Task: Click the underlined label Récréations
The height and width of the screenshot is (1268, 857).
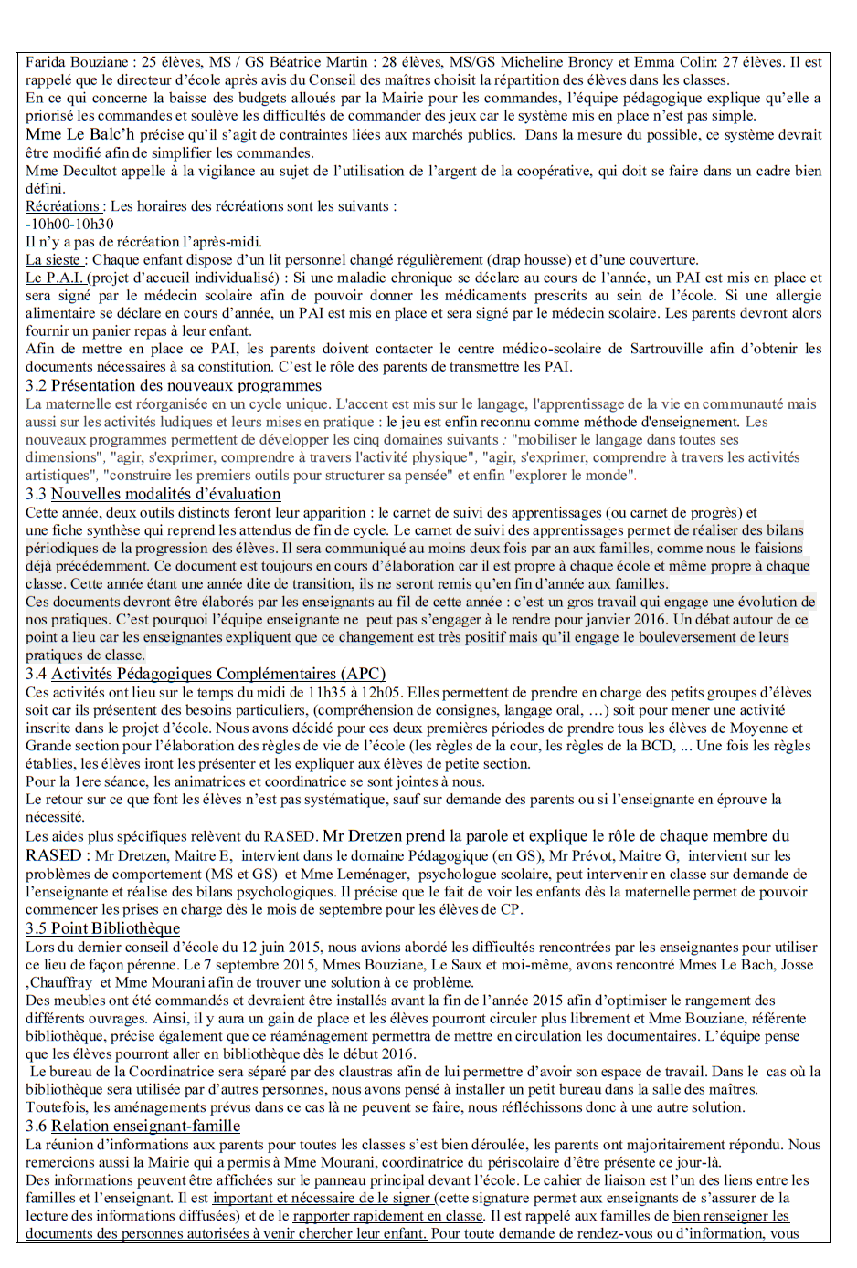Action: (63, 206)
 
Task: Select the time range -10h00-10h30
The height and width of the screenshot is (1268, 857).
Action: (69, 225)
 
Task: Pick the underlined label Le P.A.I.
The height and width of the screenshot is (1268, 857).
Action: (55, 278)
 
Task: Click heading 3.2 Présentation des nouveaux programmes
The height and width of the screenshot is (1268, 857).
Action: (174, 385)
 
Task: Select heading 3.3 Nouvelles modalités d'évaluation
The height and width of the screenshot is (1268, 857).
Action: (153, 494)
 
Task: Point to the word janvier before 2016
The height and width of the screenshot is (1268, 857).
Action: (591, 619)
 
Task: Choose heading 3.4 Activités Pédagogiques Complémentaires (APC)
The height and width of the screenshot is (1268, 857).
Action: (206, 674)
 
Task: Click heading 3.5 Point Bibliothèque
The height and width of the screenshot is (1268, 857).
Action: (102, 928)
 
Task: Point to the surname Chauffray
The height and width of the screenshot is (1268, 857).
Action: (62, 982)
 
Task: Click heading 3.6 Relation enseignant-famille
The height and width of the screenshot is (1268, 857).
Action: (132, 1127)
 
